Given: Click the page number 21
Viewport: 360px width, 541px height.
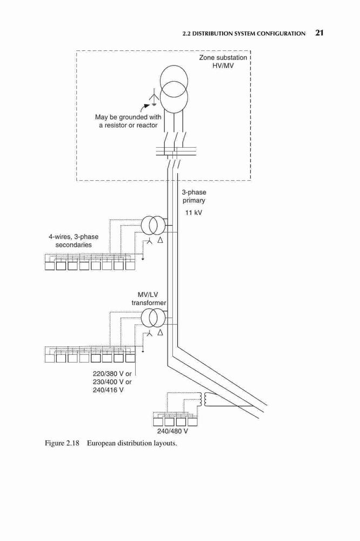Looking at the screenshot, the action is click(x=319, y=33).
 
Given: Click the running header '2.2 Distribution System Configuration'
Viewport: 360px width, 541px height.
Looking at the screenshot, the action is click(x=244, y=34).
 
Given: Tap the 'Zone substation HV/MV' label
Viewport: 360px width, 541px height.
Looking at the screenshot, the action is click(x=223, y=62).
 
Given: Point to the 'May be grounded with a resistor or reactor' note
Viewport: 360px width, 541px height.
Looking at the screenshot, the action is click(x=128, y=121).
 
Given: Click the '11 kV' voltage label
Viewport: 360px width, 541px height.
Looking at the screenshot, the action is click(x=194, y=213).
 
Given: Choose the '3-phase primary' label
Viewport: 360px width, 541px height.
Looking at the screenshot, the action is click(x=194, y=196).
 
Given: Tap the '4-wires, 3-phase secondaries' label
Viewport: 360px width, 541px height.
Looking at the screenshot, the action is click(x=74, y=241).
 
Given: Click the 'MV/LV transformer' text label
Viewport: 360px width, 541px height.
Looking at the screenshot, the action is click(x=149, y=299).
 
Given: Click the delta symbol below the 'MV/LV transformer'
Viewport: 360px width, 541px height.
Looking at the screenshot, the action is click(x=160, y=333).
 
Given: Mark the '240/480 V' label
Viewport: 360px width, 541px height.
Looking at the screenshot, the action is click(x=172, y=431).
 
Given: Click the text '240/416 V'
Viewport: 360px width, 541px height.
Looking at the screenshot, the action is click(x=108, y=390).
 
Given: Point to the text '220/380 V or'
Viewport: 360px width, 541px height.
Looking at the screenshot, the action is click(x=112, y=374).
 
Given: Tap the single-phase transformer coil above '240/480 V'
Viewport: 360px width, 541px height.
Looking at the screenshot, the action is click(x=202, y=400).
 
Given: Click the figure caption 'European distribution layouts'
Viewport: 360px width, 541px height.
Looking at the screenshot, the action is click(x=132, y=443).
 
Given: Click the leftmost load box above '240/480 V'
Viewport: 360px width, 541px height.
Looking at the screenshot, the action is click(x=158, y=421).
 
